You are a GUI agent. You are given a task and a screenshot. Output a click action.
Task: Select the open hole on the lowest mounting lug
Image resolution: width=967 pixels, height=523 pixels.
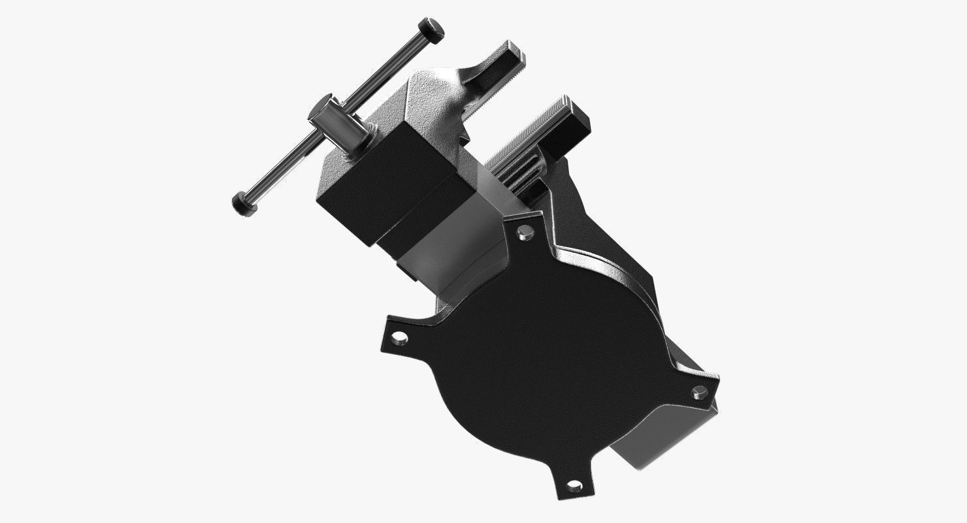(574, 485)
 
